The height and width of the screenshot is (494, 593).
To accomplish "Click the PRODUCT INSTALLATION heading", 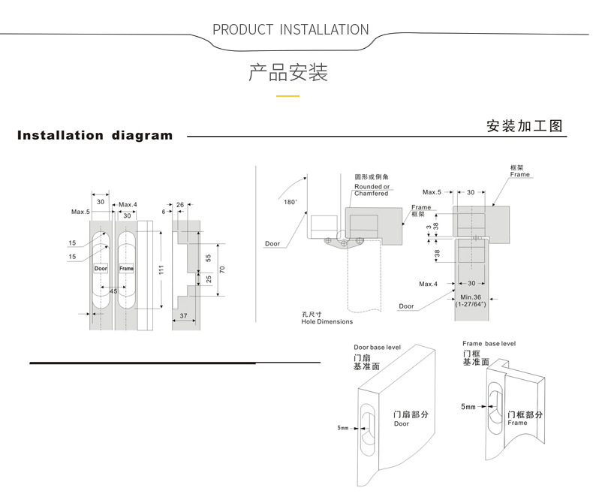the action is (x=290, y=29).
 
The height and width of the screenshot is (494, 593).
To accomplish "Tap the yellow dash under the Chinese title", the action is (x=287, y=96).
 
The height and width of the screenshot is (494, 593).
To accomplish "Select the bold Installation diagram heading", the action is (x=95, y=135).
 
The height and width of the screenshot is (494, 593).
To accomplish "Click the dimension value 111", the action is (x=161, y=270).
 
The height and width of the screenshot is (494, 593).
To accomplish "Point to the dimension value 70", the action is (x=222, y=270).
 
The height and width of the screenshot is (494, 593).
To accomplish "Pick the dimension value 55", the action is (x=208, y=258).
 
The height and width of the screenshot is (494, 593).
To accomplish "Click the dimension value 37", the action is (x=183, y=315).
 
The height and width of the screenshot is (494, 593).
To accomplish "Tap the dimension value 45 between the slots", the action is (x=113, y=291).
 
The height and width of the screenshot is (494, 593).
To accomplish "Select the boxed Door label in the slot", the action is (x=101, y=268).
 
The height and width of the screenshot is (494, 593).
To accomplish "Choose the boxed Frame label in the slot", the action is (x=126, y=268).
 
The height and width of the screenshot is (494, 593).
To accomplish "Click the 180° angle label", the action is (x=290, y=202).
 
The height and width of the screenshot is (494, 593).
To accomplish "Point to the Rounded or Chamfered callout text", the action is (x=372, y=190).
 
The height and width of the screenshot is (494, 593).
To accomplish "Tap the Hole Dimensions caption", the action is (x=327, y=321).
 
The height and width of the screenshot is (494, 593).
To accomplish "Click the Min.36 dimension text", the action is (x=471, y=297).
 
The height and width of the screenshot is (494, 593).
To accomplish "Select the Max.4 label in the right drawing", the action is (x=428, y=284).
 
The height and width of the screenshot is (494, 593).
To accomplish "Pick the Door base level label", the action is (x=377, y=348).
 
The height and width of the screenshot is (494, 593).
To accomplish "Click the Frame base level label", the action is (x=489, y=343).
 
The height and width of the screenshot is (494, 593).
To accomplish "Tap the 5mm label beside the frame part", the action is (x=468, y=407).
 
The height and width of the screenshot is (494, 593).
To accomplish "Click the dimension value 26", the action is (x=180, y=205).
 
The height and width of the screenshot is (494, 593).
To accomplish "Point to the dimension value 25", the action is (x=209, y=279).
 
